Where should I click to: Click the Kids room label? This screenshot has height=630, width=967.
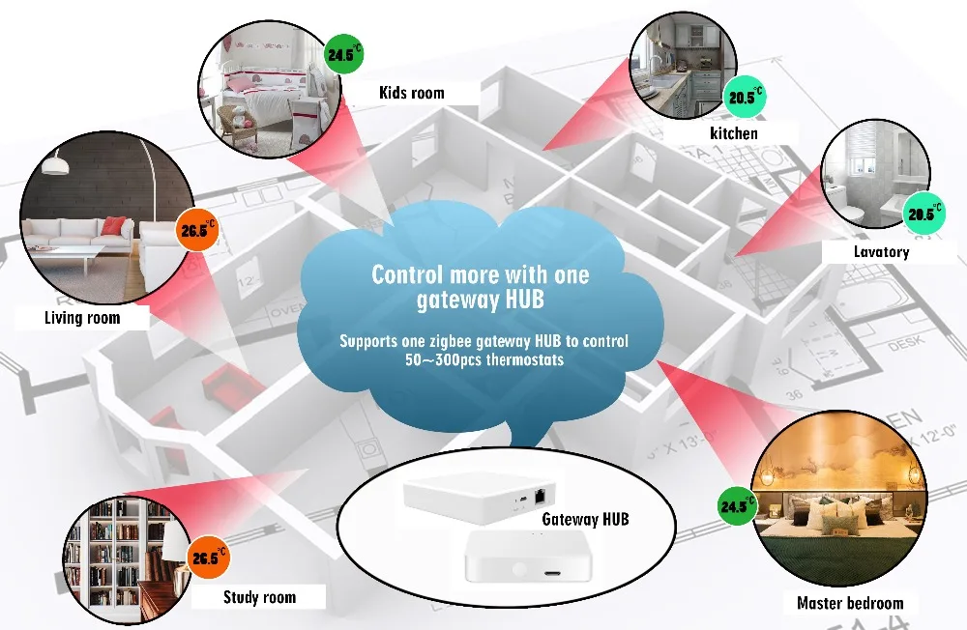(412, 93)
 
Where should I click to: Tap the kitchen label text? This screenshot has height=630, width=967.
(734, 133)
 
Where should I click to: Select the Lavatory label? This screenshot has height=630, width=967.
(881, 252)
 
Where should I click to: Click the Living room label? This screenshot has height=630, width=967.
(82, 317)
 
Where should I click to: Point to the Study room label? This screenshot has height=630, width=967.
(259, 597)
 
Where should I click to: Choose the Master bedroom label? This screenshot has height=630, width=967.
(850, 604)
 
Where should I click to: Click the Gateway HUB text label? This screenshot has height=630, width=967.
(585, 519)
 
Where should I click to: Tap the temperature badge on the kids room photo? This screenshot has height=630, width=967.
(343, 54)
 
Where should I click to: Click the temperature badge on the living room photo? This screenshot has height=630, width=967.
(198, 231)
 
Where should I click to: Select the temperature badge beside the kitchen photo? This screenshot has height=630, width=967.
(745, 97)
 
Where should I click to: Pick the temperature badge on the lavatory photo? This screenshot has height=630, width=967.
(923, 214)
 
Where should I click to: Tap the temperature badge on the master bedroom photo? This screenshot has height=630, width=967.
(737, 504)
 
